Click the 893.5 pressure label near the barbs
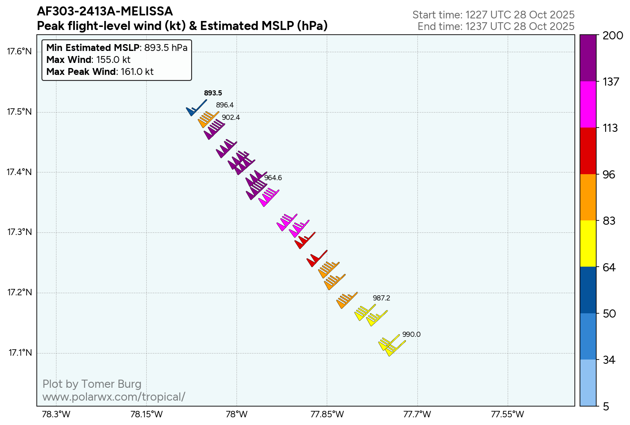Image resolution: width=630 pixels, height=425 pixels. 213,93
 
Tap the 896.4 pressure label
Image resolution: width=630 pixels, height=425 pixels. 225,105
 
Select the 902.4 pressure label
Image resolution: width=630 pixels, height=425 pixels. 231,117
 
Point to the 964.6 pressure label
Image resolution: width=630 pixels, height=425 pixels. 273,178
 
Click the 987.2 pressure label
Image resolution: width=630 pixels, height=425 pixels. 381,298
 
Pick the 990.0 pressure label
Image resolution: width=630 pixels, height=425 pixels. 411,334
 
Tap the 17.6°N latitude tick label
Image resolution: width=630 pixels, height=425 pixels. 19,52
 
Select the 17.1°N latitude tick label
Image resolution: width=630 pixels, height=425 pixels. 20,353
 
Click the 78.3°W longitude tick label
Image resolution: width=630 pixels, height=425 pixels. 56,414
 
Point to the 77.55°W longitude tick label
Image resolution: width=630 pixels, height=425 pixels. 507,414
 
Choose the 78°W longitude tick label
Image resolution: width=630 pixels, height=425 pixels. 237,414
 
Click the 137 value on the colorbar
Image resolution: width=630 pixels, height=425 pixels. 611,81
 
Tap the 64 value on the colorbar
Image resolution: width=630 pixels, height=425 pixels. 609,267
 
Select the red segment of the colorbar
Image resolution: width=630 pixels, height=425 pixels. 588,151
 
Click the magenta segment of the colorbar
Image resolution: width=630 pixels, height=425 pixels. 588,104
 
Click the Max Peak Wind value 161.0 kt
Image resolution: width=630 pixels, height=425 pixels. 137,71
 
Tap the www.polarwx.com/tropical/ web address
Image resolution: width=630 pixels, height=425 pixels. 114,397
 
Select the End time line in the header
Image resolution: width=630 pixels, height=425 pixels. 496,26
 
